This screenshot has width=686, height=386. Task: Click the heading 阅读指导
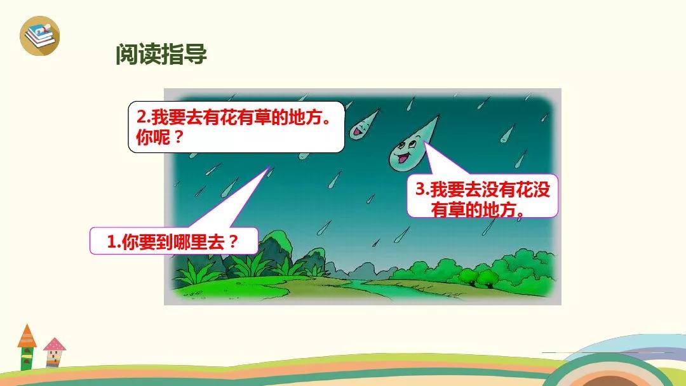pyautogui.click(x=161, y=54)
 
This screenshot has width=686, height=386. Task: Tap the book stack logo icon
pyautogui.click(x=40, y=36)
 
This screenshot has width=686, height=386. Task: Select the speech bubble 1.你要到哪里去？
pyautogui.click(x=173, y=241)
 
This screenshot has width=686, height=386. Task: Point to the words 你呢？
pyautogui.click(x=159, y=137)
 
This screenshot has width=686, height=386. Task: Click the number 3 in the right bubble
pyautogui.click(x=420, y=189)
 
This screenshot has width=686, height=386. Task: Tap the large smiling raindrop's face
pyautogui.click(x=405, y=153)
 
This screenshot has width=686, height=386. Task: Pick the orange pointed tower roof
pyautogui.click(x=27, y=336)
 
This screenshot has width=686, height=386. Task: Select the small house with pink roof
pyautogui.click(x=54, y=352)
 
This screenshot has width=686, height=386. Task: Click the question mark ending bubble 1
pyautogui.click(x=233, y=241)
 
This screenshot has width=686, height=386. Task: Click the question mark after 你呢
pyautogui.click(x=178, y=137)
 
